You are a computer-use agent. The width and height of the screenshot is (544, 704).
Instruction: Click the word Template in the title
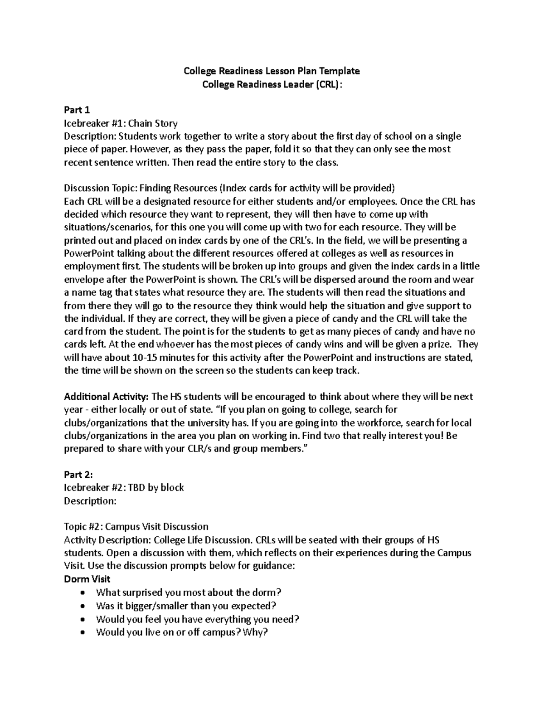[x=340, y=71]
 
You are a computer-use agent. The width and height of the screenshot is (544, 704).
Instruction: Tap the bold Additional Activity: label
[x=106, y=397]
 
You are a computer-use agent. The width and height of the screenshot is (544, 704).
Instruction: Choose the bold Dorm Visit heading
[x=87, y=579]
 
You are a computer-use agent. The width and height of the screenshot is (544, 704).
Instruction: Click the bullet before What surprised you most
[x=82, y=592]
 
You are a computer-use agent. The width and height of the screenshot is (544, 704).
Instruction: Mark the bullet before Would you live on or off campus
[x=82, y=632]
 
